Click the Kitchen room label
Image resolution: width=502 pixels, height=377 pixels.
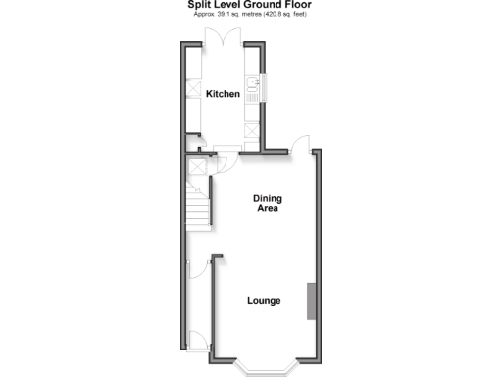[223, 94]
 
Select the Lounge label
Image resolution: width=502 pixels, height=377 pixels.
[264, 300]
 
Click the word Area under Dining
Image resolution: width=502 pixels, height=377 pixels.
[268, 208]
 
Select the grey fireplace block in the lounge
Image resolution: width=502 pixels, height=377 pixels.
[312, 300]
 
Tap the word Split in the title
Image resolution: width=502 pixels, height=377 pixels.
[199, 5]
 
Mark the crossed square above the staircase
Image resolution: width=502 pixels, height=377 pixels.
[194, 166]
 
